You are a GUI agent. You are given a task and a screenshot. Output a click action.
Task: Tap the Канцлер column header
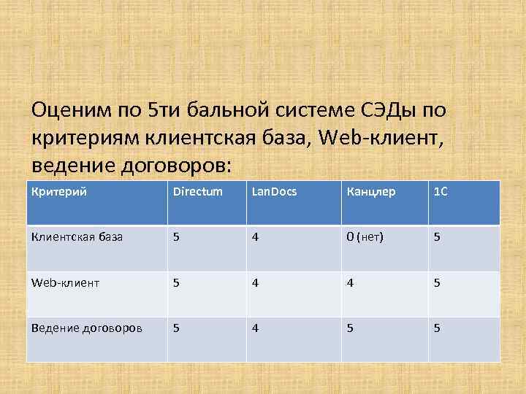[x=372, y=192]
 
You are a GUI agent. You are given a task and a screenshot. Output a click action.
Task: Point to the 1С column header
[x=441, y=192]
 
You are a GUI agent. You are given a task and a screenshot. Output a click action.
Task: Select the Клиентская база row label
[x=77, y=237]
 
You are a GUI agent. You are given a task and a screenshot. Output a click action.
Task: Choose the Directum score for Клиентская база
[x=176, y=237]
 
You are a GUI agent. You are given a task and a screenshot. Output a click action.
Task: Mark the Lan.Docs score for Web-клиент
[x=255, y=282]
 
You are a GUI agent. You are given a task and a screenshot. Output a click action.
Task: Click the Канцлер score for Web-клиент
[x=350, y=282]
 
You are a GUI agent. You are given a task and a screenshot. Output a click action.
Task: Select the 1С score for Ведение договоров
[x=437, y=328]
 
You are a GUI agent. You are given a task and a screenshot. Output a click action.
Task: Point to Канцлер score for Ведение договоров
[x=350, y=328]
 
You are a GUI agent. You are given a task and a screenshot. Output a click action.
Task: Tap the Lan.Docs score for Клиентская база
[x=255, y=237]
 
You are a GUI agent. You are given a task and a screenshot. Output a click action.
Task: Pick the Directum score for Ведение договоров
[x=176, y=328]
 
